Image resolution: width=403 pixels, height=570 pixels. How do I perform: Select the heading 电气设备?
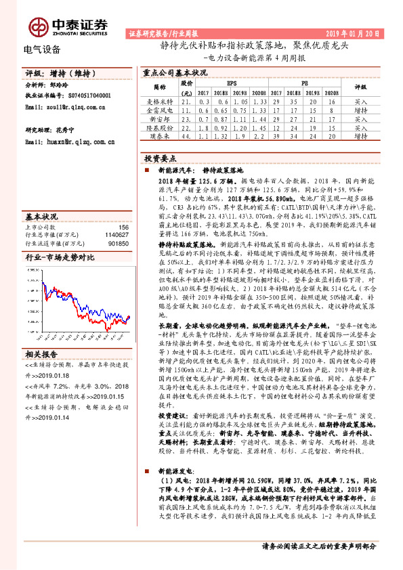coord(42,49)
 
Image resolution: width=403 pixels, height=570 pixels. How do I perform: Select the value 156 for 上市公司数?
coord(123,228)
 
